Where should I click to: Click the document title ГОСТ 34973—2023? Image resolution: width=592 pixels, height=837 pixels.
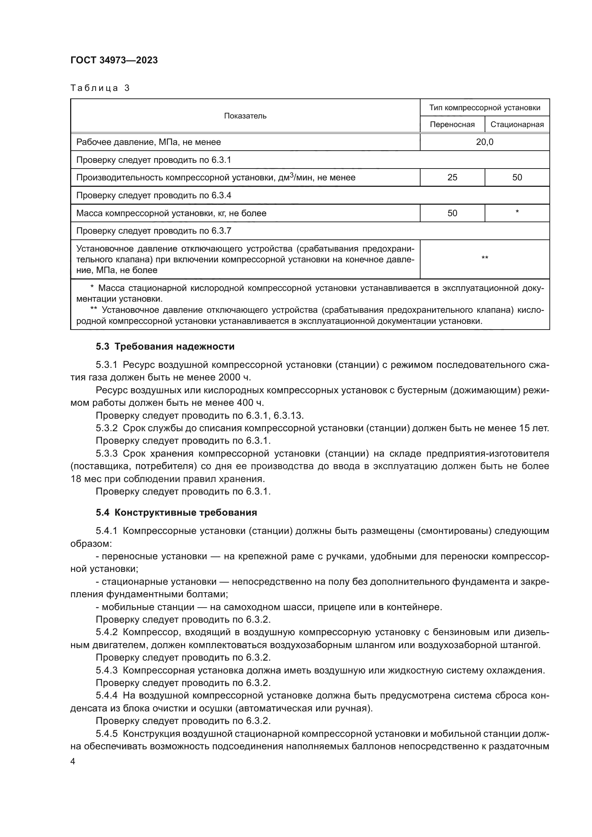point(114,60)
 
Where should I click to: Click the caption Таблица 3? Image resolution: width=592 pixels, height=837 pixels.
point(100,88)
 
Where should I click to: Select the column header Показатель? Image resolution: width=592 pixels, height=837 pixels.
point(245,116)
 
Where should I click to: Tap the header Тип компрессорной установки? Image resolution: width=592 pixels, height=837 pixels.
point(485,108)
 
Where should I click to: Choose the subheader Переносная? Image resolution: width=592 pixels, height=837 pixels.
point(452,124)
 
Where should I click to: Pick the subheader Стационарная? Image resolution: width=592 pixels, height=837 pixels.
point(517,124)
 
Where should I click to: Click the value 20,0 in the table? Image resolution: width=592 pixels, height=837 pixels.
point(485,142)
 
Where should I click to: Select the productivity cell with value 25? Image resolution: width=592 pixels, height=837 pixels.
point(452,177)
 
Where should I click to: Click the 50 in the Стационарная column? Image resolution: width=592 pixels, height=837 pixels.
point(517,177)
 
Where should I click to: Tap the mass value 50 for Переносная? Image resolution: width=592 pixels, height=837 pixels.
point(452,213)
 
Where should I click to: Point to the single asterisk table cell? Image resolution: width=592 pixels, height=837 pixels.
point(517,212)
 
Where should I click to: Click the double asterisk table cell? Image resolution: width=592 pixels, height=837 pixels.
point(485,258)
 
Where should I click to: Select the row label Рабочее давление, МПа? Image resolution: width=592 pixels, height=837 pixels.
point(149,142)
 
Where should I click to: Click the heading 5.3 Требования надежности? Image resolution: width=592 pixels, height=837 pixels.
point(165,347)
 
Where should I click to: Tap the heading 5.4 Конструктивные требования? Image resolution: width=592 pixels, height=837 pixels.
point(176,512)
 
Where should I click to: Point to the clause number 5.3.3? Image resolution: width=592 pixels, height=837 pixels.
point(106,453)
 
